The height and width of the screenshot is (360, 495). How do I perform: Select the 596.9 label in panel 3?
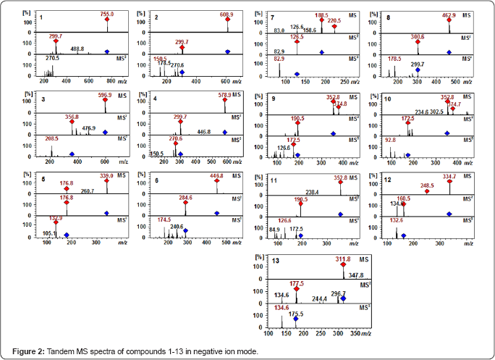(106, 94)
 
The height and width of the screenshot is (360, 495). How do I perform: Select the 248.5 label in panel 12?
(427, 185)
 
